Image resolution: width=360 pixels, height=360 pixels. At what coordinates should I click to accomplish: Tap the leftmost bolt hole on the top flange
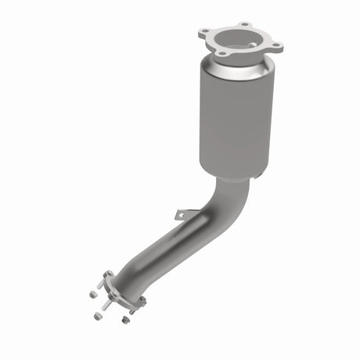(x=205, y=32)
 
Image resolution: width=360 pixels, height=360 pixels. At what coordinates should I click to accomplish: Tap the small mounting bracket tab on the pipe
(x=183, y=214)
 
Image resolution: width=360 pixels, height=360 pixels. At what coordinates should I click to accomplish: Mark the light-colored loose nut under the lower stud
(x=99, y=315)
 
